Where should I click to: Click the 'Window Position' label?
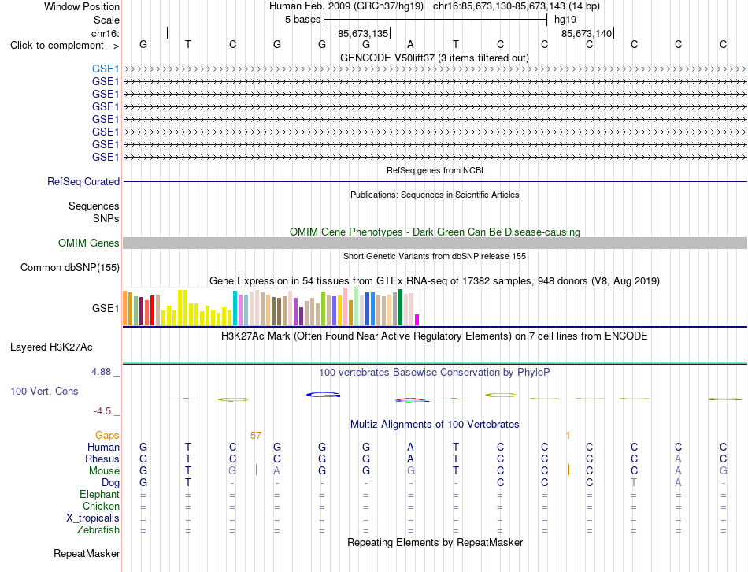pyautogui.click(x=82, y=6)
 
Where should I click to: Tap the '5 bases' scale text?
pyautogui.click(x=303, y=20)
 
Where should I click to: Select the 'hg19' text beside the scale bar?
pyautogui.click(x=565, y=20)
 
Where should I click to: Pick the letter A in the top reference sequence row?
pyautogui.click(x=410, y=45)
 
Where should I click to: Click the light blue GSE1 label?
pyautogui.click(x=106, y=69)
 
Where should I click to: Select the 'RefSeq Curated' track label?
pyautogui.click(x=83, y=181)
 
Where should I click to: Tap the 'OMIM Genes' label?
pyautogui.click(x=89, y=243)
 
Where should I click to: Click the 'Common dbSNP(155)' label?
pyautogui.click(x=70, y=267)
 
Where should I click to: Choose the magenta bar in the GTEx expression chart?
pyautogui.click(x=417, y=320)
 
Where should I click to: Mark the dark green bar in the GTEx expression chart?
pyautogui.click(x=400, y=307)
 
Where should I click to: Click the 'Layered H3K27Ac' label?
pyautogui.click(x=51, y=347)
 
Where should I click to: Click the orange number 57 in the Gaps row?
pyautogui.click(x=256, y=436)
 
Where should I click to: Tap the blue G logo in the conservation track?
pyautogui.click(x=324, y=395)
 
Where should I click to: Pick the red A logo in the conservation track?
pyautogui.click(x=412, y=399)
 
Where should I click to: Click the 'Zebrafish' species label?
pyautogui.click(x=98, y=530)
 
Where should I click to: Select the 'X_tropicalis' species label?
pyautogui.click(x=93, y=518)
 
